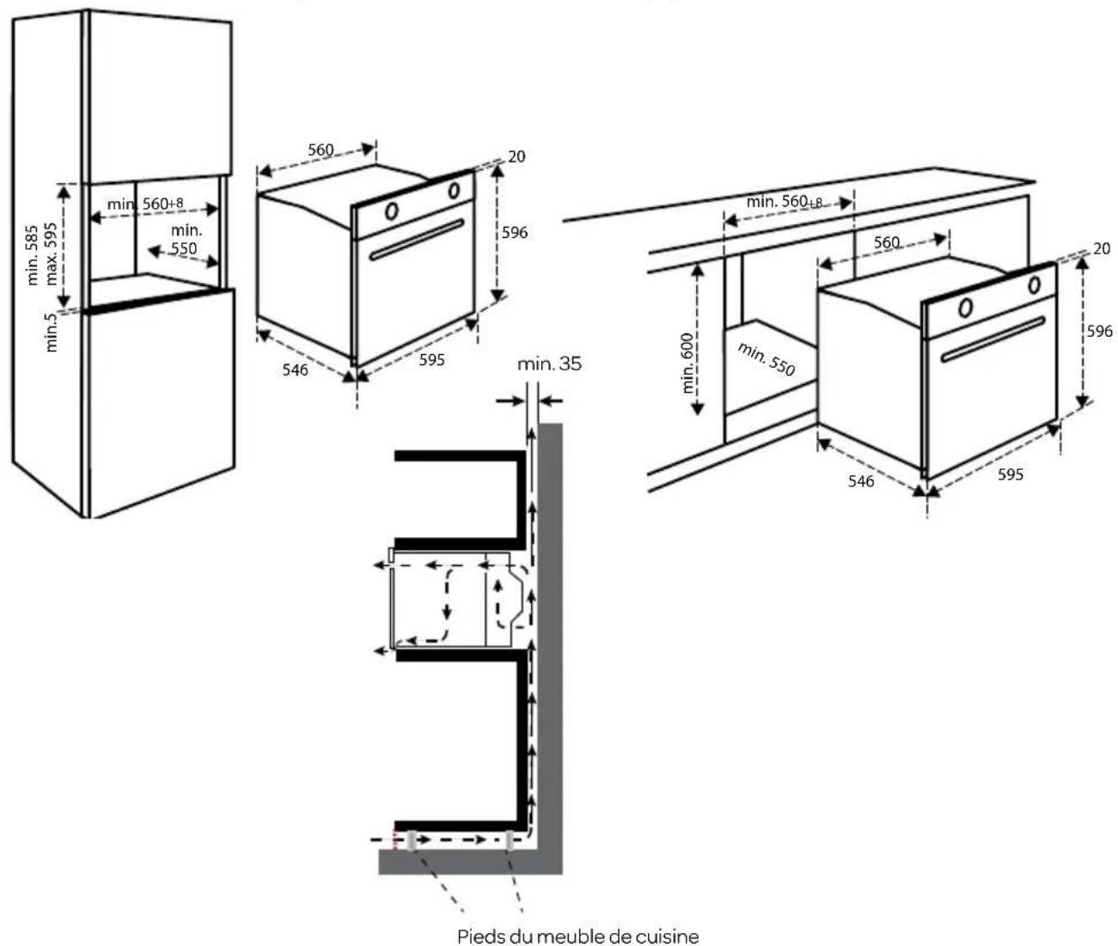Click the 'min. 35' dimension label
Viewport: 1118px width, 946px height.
click(x=549, y=363)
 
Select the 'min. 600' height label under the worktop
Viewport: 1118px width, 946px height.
click(x=688, y=362)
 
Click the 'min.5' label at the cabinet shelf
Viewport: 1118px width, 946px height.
click(x=52, y=333)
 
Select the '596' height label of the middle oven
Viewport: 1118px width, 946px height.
click(x=515, y=233)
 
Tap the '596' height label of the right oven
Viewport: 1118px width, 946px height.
click(x=1099, y=331)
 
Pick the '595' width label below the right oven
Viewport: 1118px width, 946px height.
click(x=1011, y=474)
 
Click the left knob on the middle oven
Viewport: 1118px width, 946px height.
click(x=391, y=210)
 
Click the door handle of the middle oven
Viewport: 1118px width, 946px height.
click(x=417, y=239)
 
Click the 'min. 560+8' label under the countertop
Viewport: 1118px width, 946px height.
click(x=784, y=202)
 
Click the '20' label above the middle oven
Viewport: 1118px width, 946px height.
click(x=516, y=156)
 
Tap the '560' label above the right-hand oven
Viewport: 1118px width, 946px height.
click(x=887, y=242)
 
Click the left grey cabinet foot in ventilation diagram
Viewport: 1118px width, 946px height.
click(x=412, y=840)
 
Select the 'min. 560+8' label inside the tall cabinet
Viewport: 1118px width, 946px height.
click(x=145, y=204)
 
